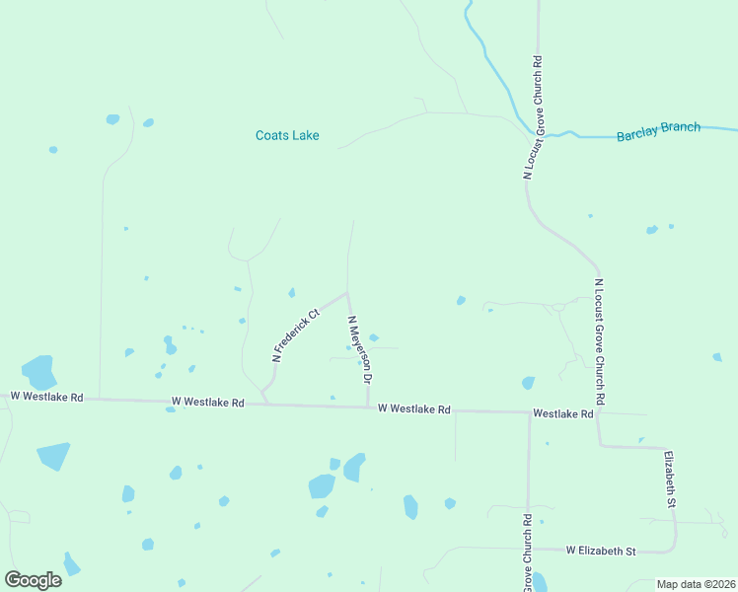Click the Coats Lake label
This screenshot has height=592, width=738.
click(287, 135)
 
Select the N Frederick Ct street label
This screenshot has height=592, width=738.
click(296, 335)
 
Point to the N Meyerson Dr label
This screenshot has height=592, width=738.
click(359, 349)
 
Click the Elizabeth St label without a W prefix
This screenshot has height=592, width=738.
click(669, 480)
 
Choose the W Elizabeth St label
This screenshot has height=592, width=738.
click(600, 551)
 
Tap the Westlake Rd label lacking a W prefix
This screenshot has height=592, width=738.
click(562, 414)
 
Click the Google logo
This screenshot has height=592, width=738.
click(33, 580)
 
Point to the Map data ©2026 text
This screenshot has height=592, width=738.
click(696, 584)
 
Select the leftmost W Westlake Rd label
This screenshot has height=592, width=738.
click(46, 397)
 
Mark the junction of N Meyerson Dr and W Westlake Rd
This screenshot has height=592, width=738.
click(368, 406)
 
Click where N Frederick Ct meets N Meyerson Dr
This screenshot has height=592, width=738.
click(347, 292)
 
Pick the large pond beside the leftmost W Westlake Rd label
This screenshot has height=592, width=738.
click(39, 372)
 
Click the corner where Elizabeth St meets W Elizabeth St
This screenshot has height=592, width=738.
click(675, 548)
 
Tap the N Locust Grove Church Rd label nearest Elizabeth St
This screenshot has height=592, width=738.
click(598, 340)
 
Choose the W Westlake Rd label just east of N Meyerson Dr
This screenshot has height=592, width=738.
click(413, 408)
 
